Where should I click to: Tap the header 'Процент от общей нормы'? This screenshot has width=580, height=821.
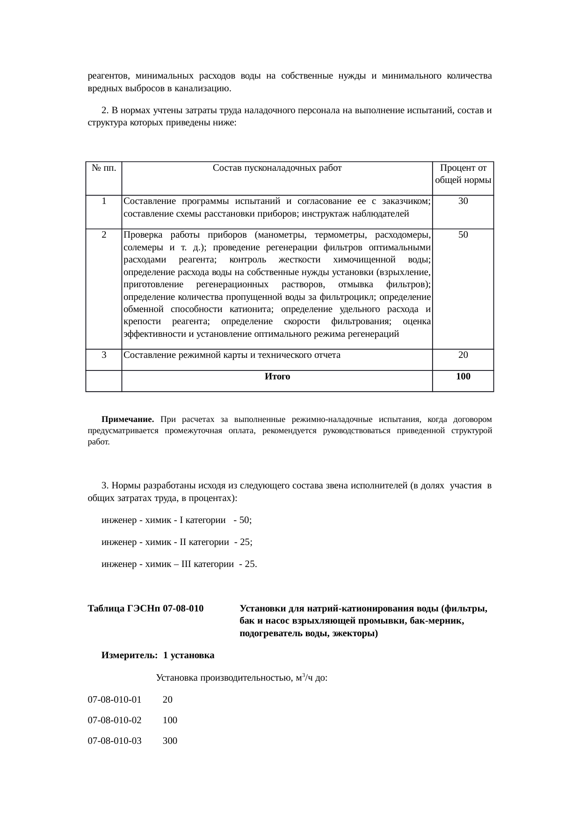click(463, 174)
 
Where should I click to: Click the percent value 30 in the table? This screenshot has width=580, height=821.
click(463, 202)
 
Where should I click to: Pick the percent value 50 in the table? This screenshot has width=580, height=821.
click(463, 235)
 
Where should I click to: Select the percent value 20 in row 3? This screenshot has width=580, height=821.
click(463, 355)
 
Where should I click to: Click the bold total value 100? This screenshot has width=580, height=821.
click(463, 377)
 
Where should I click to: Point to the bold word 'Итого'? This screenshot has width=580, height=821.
click(277, 377)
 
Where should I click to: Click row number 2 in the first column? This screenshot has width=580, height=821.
click(103, 235)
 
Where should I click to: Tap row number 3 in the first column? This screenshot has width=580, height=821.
click(103, 355)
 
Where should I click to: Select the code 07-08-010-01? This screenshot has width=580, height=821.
click(115, 700)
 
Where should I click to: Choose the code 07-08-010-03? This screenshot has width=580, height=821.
click(115, 741)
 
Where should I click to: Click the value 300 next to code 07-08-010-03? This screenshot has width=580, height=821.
click(170, 741)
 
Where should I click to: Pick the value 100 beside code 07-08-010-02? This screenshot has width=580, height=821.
click(170, 720)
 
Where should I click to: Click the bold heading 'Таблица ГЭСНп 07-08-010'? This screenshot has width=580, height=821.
click(145, 609)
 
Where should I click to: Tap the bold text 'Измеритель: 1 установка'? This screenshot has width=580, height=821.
click(158, 655)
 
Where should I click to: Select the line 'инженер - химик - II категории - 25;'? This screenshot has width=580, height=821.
click(177, 542)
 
